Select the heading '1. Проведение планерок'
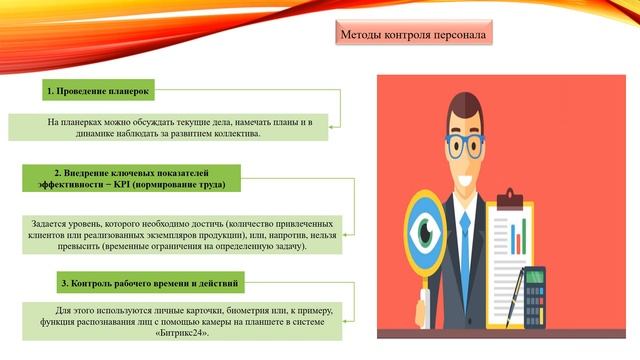(98, 91)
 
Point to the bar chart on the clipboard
(518, 237)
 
